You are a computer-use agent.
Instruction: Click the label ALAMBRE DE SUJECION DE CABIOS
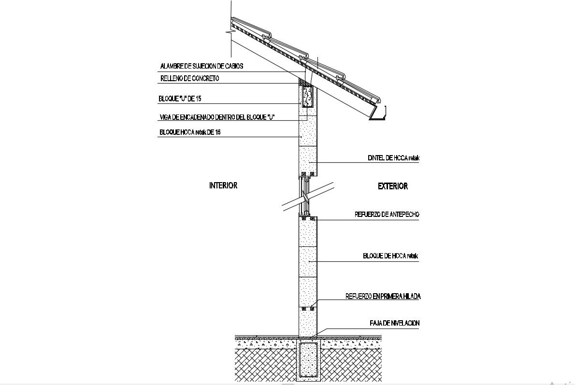point(201,66)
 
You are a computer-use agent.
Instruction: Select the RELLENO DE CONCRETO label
point(189,78)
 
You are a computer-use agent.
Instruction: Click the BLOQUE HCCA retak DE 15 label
point(189,132)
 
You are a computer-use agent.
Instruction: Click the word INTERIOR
point(223,185)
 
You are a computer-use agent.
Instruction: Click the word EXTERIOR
point(392,186)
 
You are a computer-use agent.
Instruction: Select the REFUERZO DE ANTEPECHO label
point(387,214)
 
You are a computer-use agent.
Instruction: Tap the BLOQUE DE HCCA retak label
point(390,257)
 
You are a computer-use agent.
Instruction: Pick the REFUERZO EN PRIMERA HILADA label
point(383,297)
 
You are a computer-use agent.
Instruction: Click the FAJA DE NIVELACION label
point(394,323)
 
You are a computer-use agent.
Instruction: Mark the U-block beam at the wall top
point(307,96)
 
